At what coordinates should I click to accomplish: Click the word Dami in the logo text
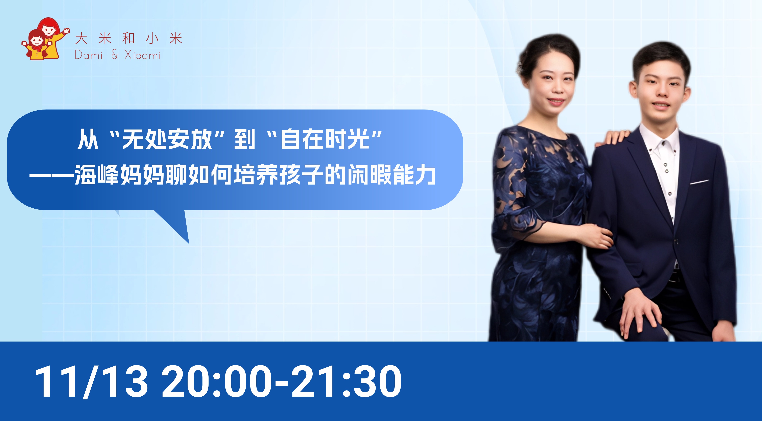coord(89,55)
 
